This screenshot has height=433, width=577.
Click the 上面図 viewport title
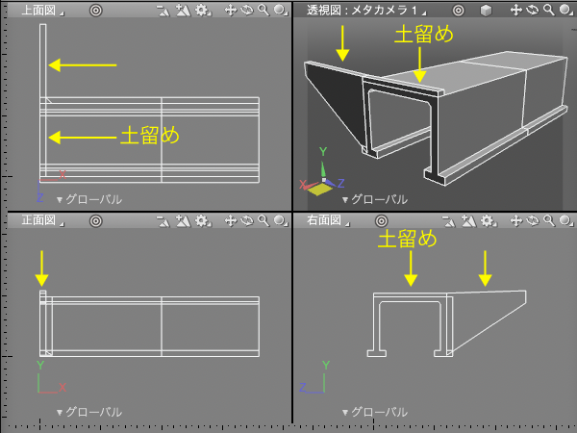(x=38, y=10)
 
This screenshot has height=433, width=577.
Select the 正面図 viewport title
(x=38, y=220)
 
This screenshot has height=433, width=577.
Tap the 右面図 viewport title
(x=324, y=220)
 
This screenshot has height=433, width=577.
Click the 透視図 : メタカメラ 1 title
(x=363, y=10)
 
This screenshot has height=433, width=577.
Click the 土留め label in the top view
(x=150, y=136)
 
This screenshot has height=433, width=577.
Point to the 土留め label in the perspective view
(x=423, y=35)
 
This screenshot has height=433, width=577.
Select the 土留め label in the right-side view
(x=408, y=239)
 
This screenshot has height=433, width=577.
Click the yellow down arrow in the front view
(x=42, y=268)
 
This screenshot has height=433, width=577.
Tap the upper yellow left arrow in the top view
(x=83, y=65)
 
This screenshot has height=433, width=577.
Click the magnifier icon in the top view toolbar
(x=263, y=10)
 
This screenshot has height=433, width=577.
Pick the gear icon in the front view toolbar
(x=202, y=220)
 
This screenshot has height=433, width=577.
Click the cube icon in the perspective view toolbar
(x=486, y=11)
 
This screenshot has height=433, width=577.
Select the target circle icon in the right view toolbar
(x=381, y=221)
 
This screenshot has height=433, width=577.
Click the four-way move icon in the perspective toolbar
(x=515, y=10)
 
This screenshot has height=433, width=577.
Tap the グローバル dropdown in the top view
(x=89, y=199)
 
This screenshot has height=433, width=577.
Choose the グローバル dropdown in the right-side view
(x=375, y=412)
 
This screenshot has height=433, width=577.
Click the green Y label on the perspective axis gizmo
(x=323, y=151)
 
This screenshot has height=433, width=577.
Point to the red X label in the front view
(x=63, y=387)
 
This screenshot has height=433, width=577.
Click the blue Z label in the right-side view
(x=303, y=387)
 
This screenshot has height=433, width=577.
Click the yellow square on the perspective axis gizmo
(x=319, y=190)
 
